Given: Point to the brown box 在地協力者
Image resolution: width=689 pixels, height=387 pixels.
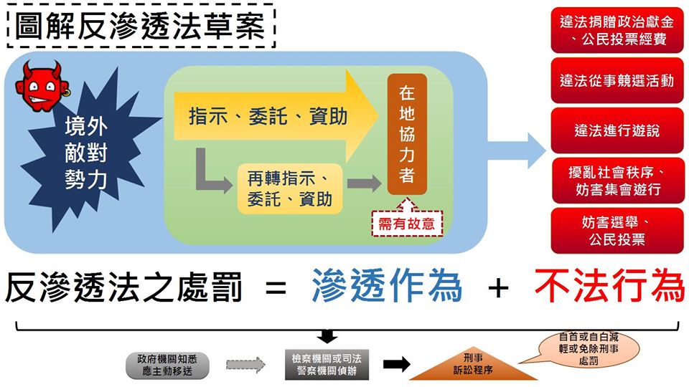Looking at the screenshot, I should coord(407,134).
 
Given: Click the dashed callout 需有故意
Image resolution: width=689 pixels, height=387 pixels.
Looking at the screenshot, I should coord(407,223).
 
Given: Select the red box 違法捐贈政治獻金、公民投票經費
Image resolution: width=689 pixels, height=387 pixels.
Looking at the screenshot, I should coord(617,30).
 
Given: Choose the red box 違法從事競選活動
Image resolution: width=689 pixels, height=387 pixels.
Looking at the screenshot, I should coord(617,80).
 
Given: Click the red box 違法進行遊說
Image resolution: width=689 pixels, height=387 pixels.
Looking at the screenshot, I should coord(617,130).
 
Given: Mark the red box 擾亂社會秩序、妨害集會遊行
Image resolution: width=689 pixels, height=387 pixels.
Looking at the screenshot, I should coord(617,180).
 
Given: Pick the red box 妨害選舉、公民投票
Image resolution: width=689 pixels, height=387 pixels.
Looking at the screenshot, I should coord(617,230).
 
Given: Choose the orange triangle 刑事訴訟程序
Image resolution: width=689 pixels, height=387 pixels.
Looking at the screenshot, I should coord(473,366).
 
